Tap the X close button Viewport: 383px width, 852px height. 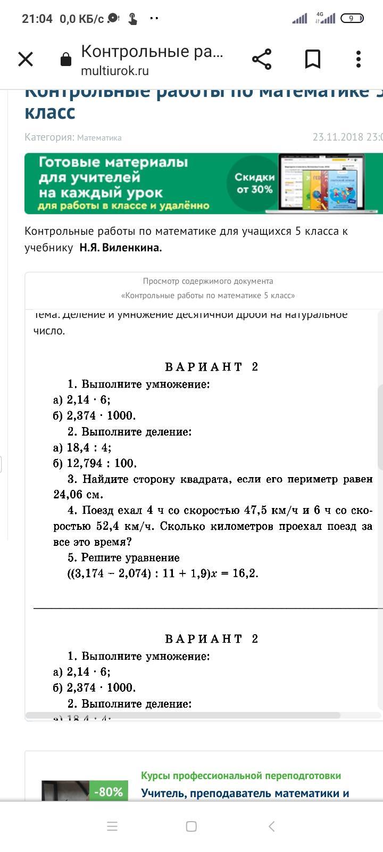26,59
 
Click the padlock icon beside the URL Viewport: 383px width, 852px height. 66,59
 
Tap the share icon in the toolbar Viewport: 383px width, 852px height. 262,59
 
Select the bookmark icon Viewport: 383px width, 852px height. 312,59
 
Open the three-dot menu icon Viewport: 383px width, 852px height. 359,59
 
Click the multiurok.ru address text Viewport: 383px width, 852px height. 115,71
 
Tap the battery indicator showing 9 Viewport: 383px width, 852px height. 352,19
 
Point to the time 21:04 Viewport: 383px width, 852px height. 37,19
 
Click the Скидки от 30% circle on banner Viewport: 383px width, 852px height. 255,183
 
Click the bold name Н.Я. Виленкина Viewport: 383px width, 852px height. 121,248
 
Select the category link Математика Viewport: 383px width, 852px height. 99,138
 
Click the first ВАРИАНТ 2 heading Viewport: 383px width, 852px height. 211,367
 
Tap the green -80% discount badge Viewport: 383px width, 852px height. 109,792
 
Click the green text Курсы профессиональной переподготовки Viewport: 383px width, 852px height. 241,775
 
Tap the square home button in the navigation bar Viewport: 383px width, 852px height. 191,826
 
